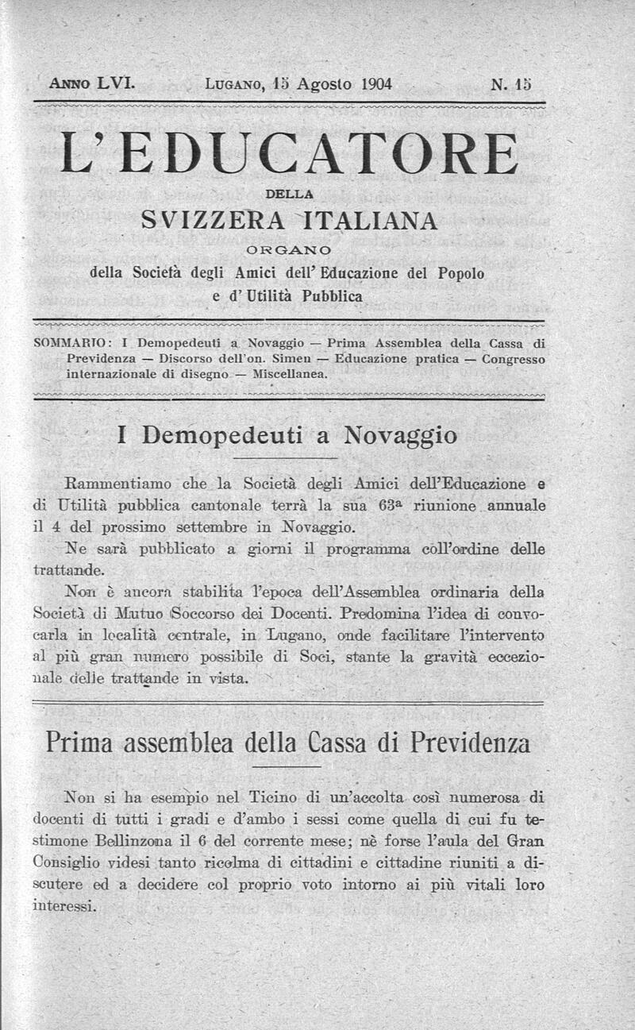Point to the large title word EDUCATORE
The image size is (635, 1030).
[322, 154]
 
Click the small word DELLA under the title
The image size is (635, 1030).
[289, 193]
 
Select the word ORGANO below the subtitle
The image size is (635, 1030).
[288, 252]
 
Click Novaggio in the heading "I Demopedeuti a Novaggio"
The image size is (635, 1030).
[400, 435]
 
